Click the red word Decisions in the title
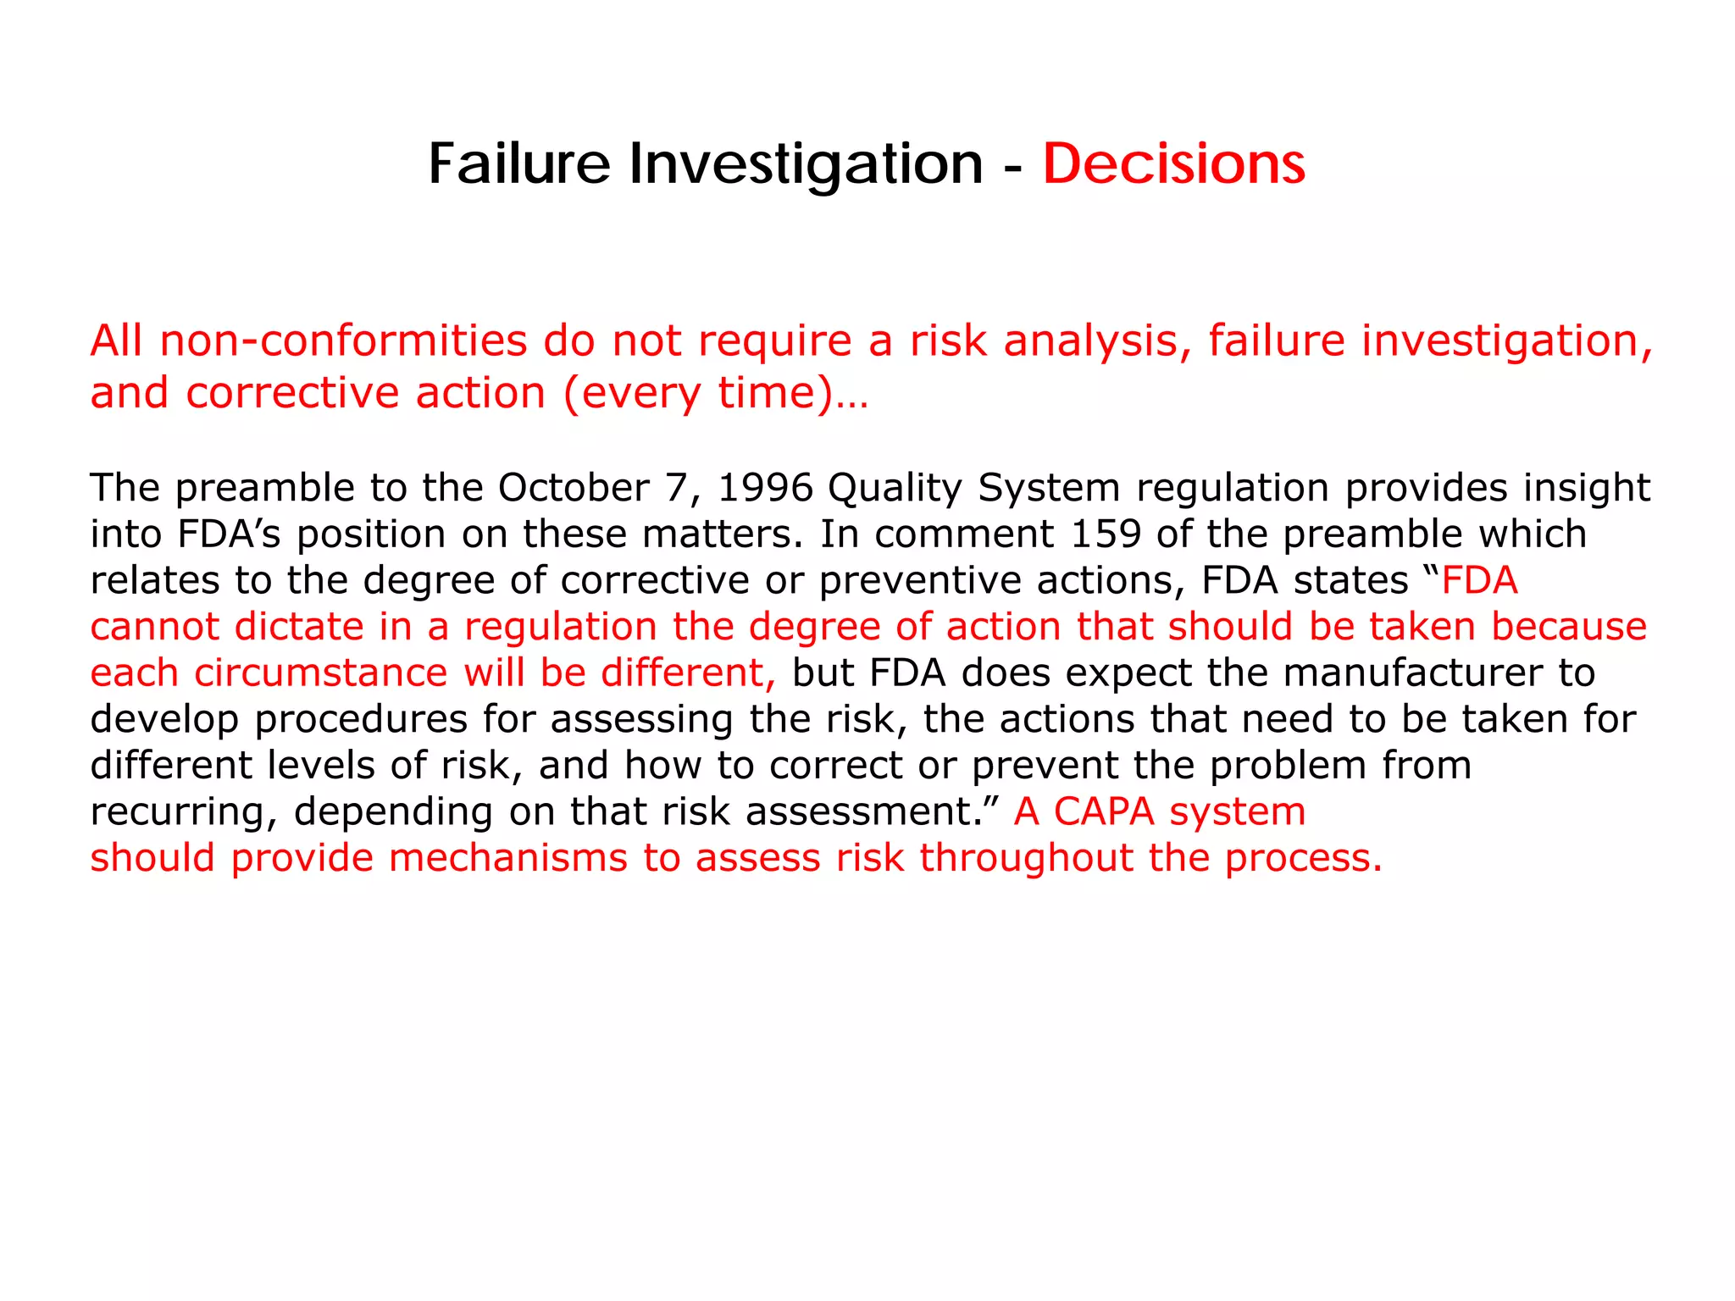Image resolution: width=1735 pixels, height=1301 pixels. click(1173, 163)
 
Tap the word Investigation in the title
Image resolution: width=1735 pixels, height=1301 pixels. click(805, 163)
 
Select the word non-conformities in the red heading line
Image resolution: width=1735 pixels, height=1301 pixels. click(343, 341)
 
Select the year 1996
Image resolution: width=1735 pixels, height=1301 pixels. click(765, 488)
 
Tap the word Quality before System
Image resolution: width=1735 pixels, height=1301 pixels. click(895, 488)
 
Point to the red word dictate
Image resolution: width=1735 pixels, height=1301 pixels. click(299, 627)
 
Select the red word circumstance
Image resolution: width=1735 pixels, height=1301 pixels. click(320, 673)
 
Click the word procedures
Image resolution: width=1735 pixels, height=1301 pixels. click(361, 719)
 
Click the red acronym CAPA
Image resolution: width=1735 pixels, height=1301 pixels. click(1104, 811)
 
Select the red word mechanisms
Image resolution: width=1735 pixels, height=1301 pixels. click(508, 858)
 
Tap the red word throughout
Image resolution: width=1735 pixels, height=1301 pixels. click(1026, 858)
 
